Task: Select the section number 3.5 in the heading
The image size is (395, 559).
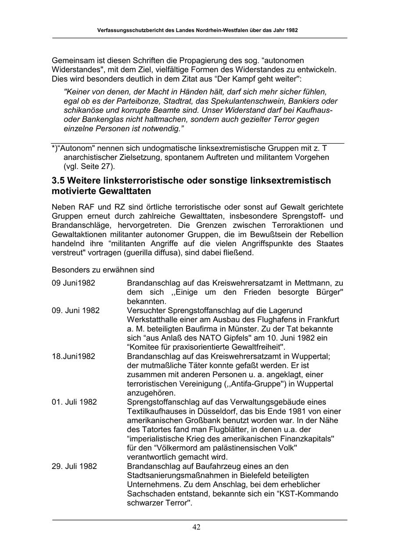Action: click(x=59, y=181)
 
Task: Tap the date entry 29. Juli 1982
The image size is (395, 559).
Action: click(x=74, y=466)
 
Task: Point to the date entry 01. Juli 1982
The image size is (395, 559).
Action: click(x=74, y=402)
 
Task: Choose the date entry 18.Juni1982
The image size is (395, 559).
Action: click(x=73, y=356)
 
